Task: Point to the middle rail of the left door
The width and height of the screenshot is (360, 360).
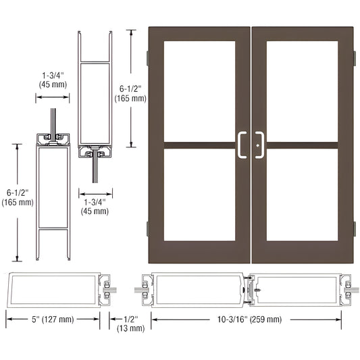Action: [199, 144]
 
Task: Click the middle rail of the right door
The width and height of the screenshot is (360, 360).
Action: [302, 144]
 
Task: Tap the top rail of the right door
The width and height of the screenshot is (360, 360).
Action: [302, 34]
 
